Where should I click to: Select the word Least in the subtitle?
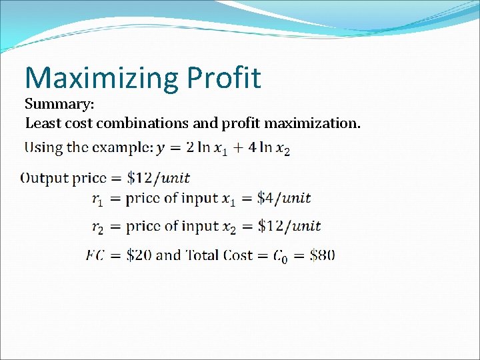coord(42,123)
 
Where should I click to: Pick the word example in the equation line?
coord(118,147)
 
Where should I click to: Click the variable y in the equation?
coord(161,149)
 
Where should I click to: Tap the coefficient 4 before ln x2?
coord(251,147)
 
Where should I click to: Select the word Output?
coord(45,178)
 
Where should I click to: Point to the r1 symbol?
coord(97,199)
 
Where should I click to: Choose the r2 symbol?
coord(97,227)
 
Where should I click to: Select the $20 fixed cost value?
coord(140,255)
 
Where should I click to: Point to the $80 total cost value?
coord(323,255)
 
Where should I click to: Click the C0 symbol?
coord(281,256)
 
